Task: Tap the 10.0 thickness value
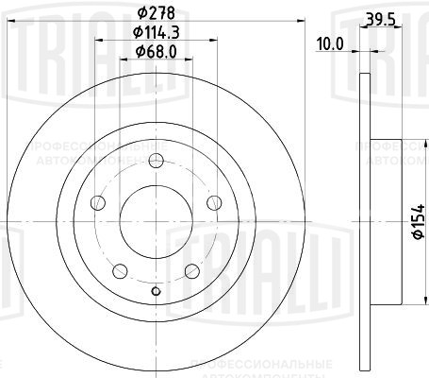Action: (x=330, y=43)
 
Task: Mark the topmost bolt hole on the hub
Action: (x=156, y=158)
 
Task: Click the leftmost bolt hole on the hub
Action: (x=97, y=201)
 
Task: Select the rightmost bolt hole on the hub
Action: (x=214, y=201)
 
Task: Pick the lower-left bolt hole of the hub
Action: (x=120, y=270)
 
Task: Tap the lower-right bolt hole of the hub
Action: (x=192, y=270)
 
